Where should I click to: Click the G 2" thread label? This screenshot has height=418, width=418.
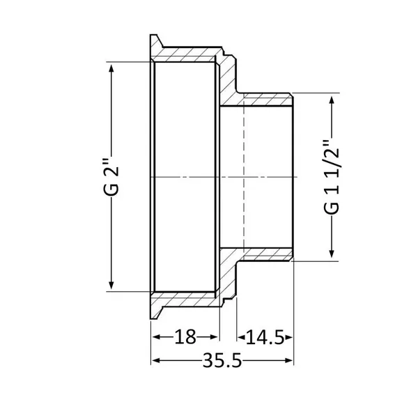pyautogui.click(x=111, y=177)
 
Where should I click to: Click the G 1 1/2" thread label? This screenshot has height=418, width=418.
pyautogui.click(x=332, y=176)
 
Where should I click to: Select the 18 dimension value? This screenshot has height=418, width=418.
pyautogui.click(x=185, y=336)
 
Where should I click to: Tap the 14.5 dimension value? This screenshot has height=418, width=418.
pyautogui.click(x=265, y=337)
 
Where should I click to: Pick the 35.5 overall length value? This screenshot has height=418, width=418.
pyautogui.click(x=222, y=360)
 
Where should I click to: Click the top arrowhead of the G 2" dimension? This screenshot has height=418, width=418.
pyautogui.click(x=111, y=68)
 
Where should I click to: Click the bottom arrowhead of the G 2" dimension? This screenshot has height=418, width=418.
pyautogui.click(x=111, y=285)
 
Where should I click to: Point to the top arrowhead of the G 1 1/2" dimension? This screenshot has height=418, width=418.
pyautogui.click(x=332, y=100)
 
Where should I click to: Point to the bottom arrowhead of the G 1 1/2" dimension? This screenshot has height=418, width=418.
pyautogui.click(x=332, y=254)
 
